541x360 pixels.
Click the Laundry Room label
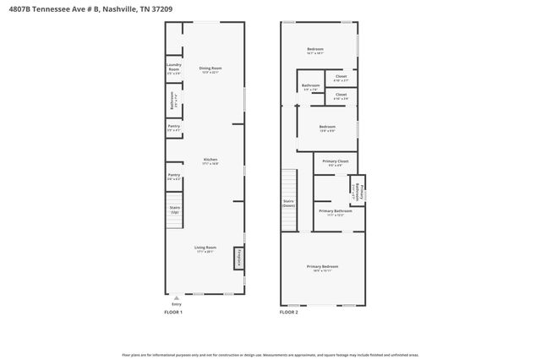tap(173, 69)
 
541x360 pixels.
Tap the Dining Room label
tap(210, 68)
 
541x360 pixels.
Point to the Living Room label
tap(205, 248)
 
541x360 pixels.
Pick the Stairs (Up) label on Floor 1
tap(175, 210)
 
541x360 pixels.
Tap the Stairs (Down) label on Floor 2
tap(288, 203)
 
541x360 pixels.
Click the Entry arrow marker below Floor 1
tap(176, 297)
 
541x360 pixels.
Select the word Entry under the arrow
tap(176, 304)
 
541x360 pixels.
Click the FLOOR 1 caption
tap(172, 313)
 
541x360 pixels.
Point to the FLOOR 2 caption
tap(289, 313)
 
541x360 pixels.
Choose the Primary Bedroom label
tap(325, 268)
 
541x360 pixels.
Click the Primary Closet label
tap(336, 162)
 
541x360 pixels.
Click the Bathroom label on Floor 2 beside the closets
tap(310, 86)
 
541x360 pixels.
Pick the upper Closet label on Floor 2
tap(341, 78)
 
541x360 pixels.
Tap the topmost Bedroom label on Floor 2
tap(315, 50)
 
